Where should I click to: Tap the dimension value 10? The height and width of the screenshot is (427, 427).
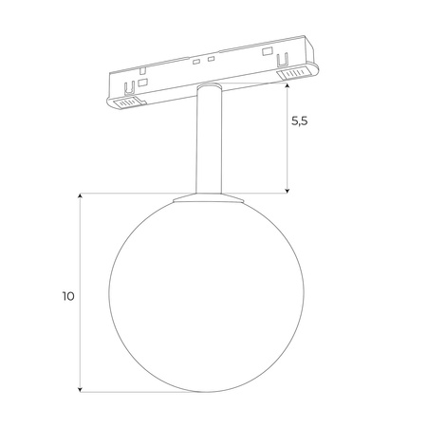[x=66, y=295]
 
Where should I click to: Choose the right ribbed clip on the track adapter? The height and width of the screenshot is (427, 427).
[x=295, y=73]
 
